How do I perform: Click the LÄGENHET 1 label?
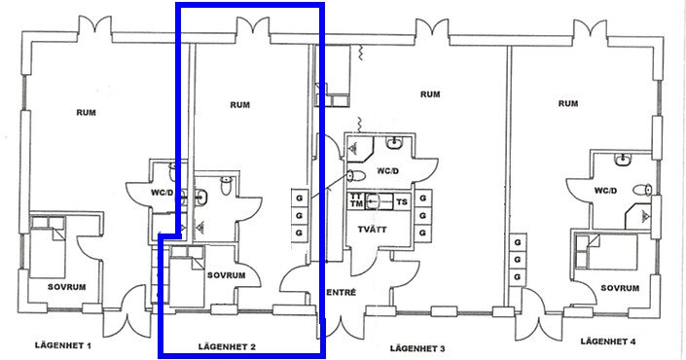(63, 345)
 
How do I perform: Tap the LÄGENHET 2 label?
(227, 347)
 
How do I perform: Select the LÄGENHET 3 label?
(417, 348)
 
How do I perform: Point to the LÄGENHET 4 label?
(608, 342)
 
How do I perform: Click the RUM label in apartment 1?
(87, 113)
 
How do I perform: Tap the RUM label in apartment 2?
(239, 104)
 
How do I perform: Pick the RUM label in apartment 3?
(430, 94)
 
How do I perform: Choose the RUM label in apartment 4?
(568, 103)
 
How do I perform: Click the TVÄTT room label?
(373, 230)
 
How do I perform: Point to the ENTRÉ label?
(342, 292)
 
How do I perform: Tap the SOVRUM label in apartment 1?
(66, 287)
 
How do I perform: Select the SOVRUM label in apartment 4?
(620, 288)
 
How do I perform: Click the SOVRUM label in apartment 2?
(226, 275)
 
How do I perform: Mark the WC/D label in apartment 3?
(388, 170)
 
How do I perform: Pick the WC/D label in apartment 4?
(605, 191)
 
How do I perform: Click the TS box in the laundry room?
(402, 201)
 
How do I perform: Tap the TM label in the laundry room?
(356, 204)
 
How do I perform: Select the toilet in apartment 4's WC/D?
(643, 190)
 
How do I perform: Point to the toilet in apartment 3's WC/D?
(356, 176)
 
